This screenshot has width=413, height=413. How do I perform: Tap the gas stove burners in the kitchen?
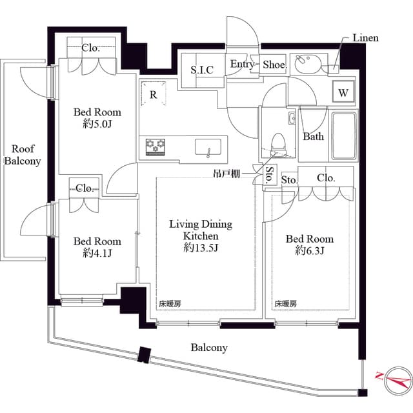coord(156,146)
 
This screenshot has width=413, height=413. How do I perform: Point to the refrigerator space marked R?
coord(153,94)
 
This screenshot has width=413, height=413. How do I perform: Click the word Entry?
coord(243,65)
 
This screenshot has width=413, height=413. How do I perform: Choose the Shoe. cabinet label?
coord(274,65)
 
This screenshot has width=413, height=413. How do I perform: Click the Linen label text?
coord(365,38)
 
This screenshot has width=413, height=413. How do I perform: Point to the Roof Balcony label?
coord(23,156)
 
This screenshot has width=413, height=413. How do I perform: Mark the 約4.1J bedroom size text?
coord(97,252)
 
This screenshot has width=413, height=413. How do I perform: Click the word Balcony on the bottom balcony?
coord(209,348)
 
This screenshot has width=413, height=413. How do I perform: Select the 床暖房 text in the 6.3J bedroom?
coord(286,303)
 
